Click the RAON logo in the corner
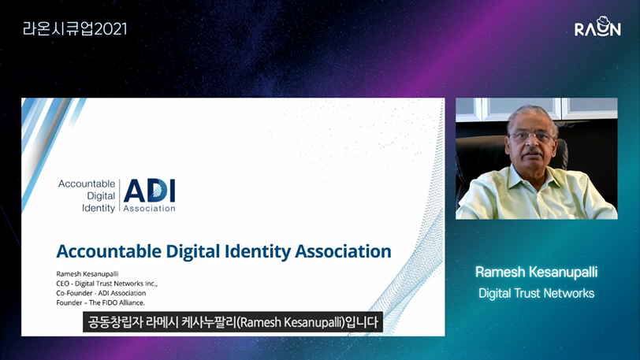(x=597, y=27)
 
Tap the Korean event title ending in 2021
(x=75, y=28)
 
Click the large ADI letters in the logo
(x=150, y=191)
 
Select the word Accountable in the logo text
(x=87, y=184)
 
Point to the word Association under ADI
(x=150, y=209)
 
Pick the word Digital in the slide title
(x=187, y=251)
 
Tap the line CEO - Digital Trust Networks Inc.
(x=107, y=284)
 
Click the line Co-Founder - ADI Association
(x=101, y=293)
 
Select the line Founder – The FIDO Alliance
(x=100, y=302)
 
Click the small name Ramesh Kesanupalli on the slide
(x=87, y=274)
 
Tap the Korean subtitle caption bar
(x=233, y=322)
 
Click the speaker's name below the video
(x=536, y=273)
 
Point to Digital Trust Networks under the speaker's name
(x=536, y=293)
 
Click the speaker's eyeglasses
(x=532, y=137)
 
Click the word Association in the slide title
(x=344, y=251)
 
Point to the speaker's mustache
(x=532, y=153)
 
